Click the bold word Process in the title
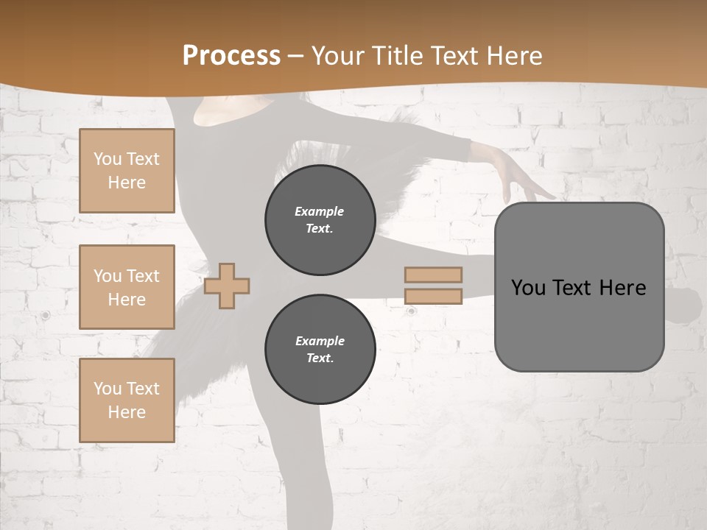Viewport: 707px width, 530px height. click(x=231, y=55)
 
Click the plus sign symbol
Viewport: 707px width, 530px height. click(x=227, y=286)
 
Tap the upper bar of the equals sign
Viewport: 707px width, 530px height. click(x=433, y=275)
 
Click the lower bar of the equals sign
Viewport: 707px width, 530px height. click(x=433, y=296)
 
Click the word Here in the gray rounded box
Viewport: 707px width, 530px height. click(x=622, y=287)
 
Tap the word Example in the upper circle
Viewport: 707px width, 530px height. click(x=319, y=211)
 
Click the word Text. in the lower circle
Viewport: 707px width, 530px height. click(x=320, y=358)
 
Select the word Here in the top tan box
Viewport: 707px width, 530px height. click(x=127, y=183)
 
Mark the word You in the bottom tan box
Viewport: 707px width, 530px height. click(x=108, y=389)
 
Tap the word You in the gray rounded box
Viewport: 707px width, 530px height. click(x=528, y=287)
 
